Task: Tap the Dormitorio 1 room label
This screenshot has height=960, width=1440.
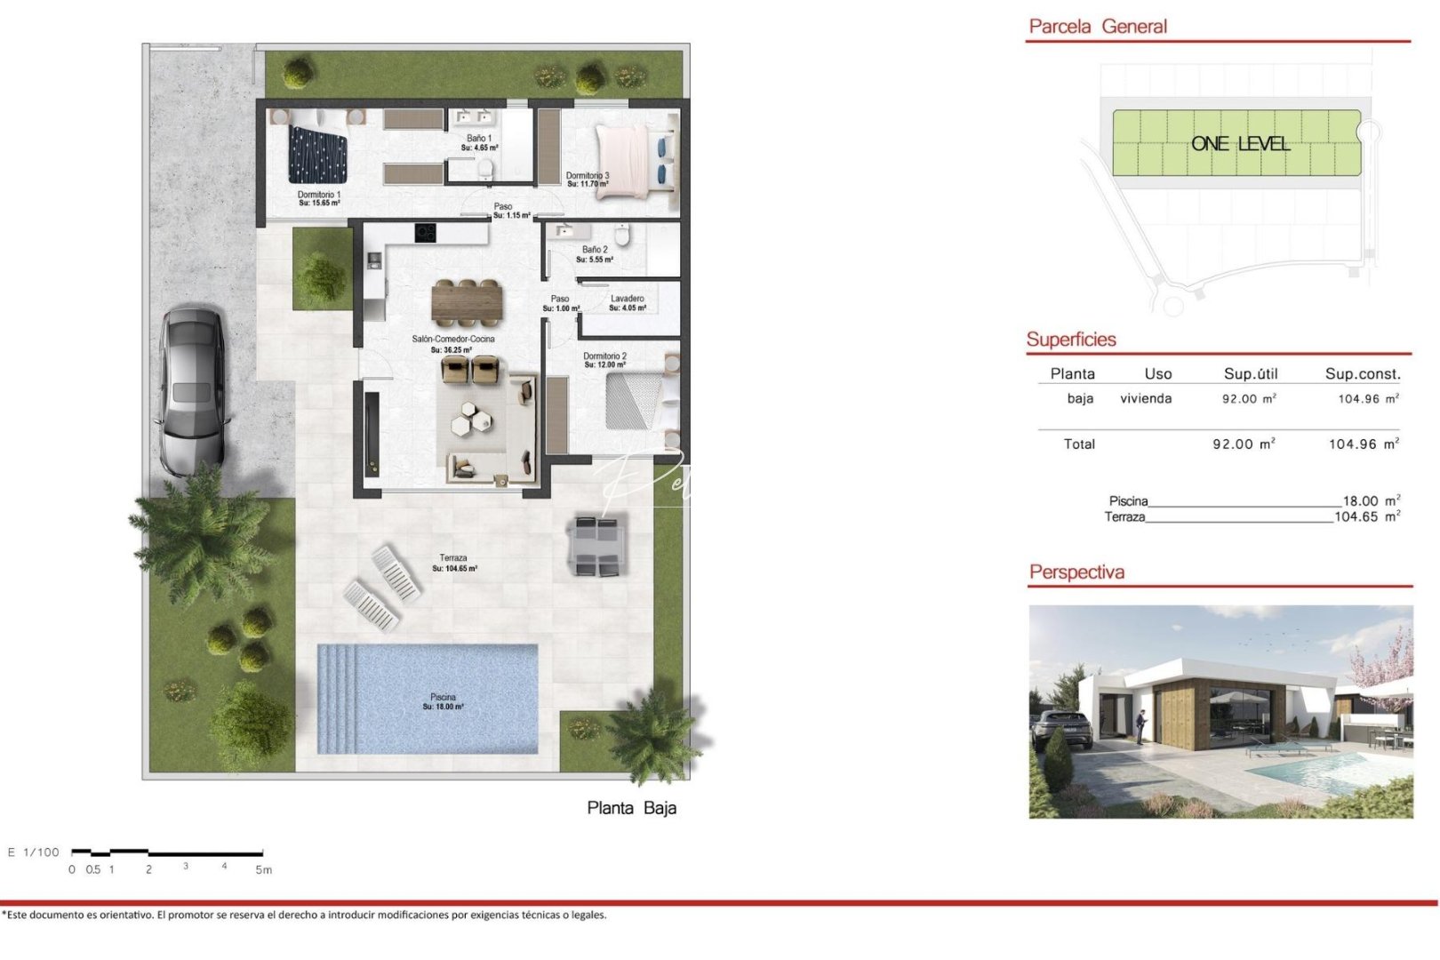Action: coord(319,198)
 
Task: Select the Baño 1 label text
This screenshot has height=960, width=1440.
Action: coord(479,142)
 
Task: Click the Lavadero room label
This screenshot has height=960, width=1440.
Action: coord(628,303)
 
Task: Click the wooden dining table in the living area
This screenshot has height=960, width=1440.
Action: coord(467,300)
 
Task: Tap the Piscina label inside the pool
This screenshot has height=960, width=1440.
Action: coord(443,701)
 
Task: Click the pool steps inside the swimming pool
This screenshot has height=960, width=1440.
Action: coord(337,700)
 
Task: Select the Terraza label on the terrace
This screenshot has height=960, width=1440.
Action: coord(453,563)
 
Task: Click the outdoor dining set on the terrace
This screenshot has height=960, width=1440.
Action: coord(596,545)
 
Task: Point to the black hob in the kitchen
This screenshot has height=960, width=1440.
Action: coord(425,233)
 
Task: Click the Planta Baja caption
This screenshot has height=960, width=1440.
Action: coord(631,808)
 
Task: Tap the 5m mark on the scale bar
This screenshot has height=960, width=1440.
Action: coord(263,869)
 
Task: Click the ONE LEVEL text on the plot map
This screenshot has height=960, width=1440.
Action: coord(1240,144)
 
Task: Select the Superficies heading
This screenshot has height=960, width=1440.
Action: coord(1071,340)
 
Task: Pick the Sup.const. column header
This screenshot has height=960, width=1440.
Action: coord(1362,374)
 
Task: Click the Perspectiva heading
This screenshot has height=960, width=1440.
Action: coord(1076,572)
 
